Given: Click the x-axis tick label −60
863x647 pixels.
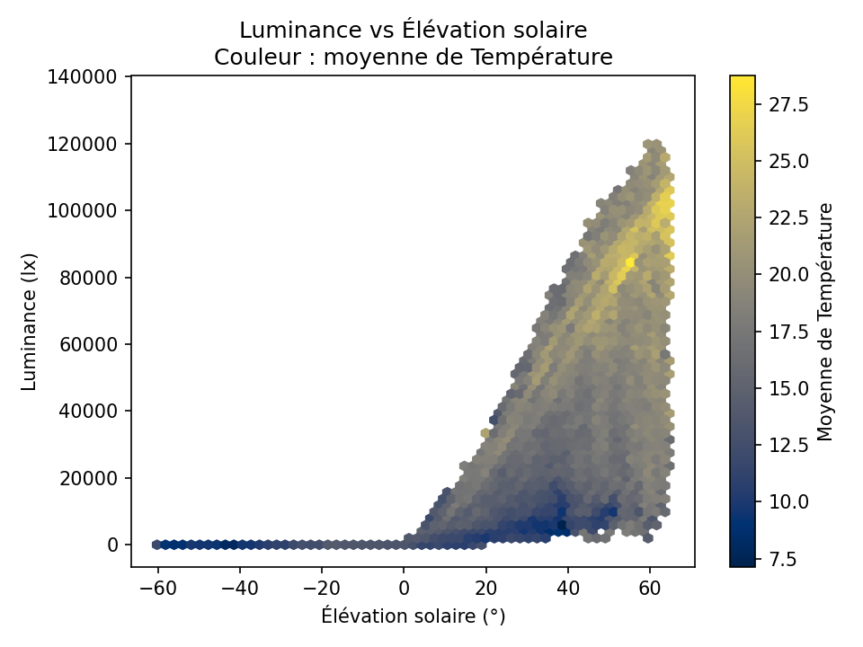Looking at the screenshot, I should click(x=156, y=589).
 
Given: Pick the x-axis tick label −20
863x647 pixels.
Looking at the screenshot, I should click(x=321, y=589).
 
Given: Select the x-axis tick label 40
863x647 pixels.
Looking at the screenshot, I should click(x=568, y=589).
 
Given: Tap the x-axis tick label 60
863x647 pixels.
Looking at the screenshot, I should click(x=650, y=589).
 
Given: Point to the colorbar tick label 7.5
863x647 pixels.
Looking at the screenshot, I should click(x=781, y=559).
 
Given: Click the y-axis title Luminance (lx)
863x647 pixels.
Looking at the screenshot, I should click(x=30, y=322).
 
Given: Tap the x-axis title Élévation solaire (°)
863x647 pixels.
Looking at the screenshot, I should click(x=413, y=616).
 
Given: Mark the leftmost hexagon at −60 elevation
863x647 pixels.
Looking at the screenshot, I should click(x=156, y=545).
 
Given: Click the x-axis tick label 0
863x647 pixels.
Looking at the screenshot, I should click(x=404, y=589).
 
